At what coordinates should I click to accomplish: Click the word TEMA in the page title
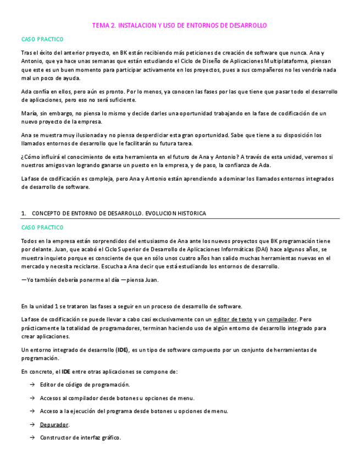pos(101,26)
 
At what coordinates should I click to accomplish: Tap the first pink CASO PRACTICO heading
pos(42,40)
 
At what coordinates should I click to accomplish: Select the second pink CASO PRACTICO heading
pos(42,228)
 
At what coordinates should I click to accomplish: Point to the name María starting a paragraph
pos(30,113)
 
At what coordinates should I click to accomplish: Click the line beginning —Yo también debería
pos(90,280)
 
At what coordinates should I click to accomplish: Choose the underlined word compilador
pos(281,319)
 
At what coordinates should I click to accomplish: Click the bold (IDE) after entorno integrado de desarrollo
pos(123,350)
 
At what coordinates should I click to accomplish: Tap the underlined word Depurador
pos(54,425)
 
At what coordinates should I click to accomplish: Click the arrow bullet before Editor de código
pos(32,385)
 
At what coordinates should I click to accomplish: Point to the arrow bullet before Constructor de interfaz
pos(32,438)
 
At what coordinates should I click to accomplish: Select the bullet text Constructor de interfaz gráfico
pos(80,438)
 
